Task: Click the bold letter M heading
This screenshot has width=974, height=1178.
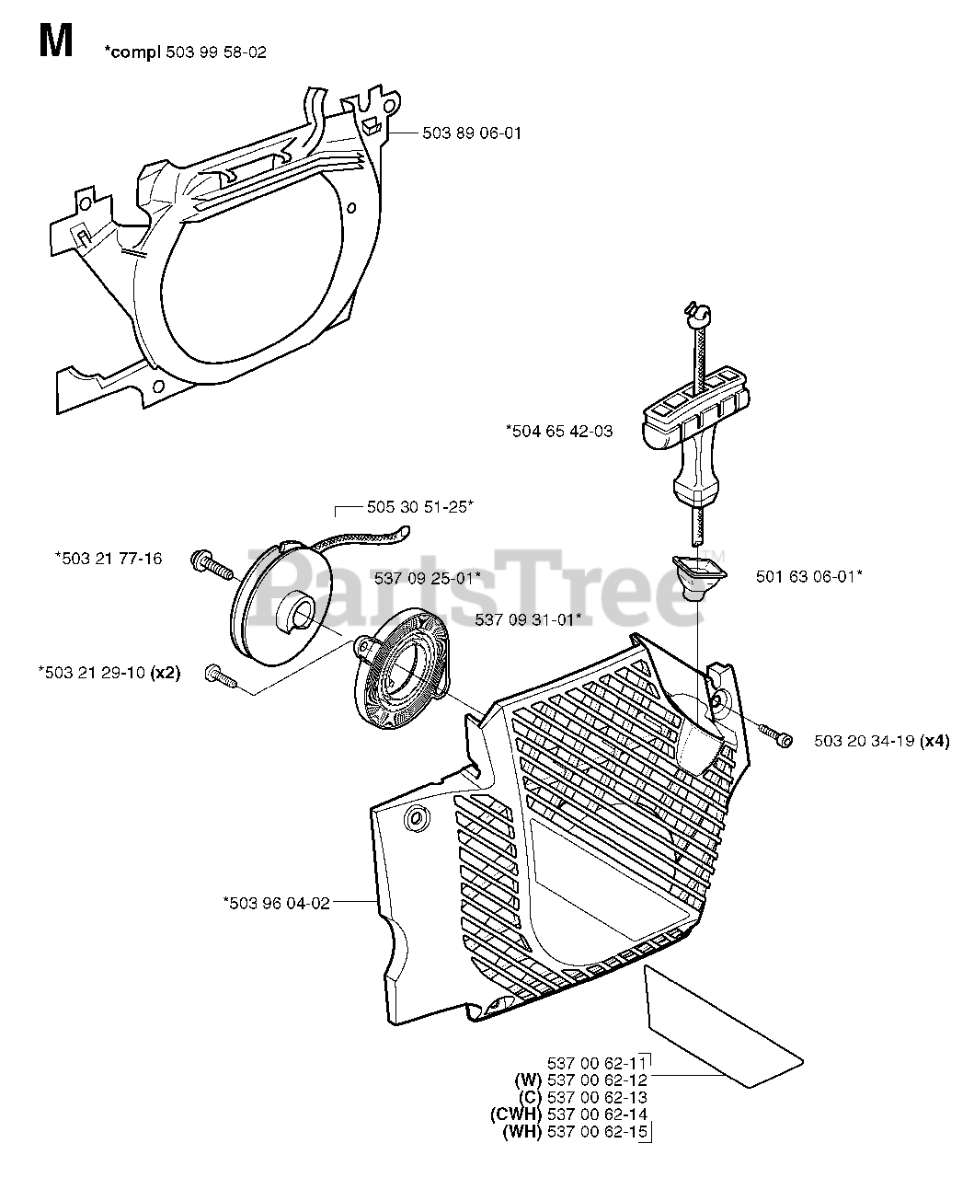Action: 56,41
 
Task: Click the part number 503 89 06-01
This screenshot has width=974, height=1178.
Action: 471,133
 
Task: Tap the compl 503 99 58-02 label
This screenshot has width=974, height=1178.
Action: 188,52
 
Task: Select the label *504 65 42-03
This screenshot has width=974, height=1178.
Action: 558,430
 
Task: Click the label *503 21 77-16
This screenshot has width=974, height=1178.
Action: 109,558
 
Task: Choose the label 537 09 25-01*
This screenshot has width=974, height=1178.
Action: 428,578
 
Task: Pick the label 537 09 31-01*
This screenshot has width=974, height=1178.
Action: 528,619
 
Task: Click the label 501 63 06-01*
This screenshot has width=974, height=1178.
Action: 808,576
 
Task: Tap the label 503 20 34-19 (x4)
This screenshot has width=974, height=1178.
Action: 881,741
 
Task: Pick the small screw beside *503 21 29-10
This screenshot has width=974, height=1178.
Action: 222,677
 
